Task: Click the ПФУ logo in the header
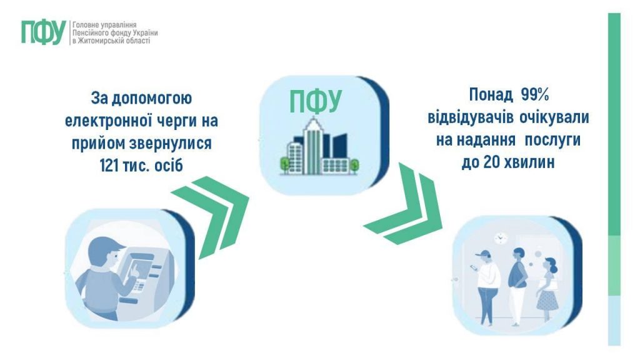tap(42, 31)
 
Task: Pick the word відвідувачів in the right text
tap(467, 117)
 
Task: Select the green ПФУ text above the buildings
tap(316, 102)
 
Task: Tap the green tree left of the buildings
tap(284, 164)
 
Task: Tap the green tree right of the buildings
tap(354, 165)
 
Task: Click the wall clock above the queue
tap(499, 239)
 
